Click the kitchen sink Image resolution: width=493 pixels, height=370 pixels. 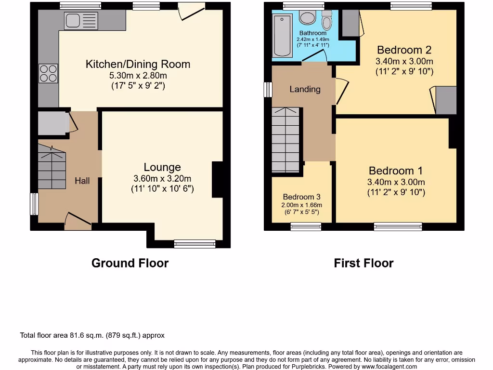(x=80, y=21)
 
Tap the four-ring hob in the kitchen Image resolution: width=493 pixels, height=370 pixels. (x=48, y=73)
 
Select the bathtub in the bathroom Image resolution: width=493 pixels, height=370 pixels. (x=282, y=35)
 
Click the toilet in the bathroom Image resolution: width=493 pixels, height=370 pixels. (x=327, y=21)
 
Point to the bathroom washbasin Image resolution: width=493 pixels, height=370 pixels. (x=307, y=18)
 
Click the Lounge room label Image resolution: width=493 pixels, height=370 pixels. (x=162, y=167)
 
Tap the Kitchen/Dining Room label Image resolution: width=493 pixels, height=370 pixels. (x=138, y=64)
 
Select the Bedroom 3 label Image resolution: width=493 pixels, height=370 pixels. (x=301, y=197)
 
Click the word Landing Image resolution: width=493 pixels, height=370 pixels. (x=305, y=89)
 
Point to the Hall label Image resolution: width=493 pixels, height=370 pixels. (x=82, y=181)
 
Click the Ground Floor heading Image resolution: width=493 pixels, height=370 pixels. (x=130, y=263)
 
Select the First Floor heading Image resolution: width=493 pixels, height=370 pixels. (x=363, y=263)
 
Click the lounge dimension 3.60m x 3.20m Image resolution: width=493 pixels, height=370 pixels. (x=162, y=178)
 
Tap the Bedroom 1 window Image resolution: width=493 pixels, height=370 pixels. (x=398, y=226)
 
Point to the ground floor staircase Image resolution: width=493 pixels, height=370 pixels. (x=52, y=169)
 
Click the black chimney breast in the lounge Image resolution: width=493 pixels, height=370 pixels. (x=217, y=179)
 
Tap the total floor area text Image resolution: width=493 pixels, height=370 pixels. (x=92, y=335)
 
